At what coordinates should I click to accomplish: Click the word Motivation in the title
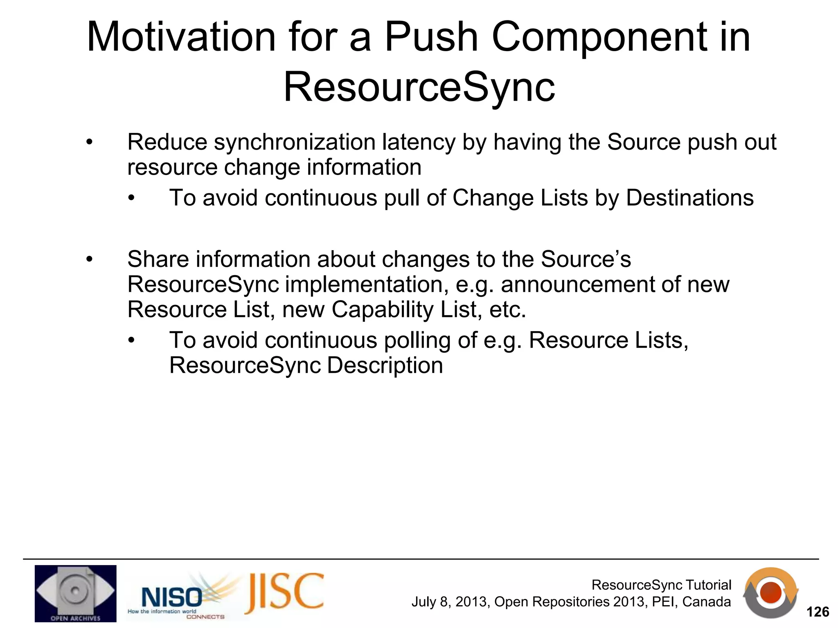pyautogui.click(x=181, y=38)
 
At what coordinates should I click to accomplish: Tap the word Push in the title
pyautogui.click(x=431, y=38)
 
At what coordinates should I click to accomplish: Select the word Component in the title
pyautogui.click(x=599, y=38)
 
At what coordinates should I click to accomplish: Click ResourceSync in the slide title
pyautogui.click(x=419, y=87)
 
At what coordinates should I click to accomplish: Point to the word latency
pyautogui.click(x=418, y=143)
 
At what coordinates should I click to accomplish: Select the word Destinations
pyautogui.click(x=689, y=198)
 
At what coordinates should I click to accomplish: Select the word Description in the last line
pyautogui.click(x=385, y=366)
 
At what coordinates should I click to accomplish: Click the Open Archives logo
pyautogui.click(x=75, y=593)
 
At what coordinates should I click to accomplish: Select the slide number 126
pyautogui.click(x=817, y=612)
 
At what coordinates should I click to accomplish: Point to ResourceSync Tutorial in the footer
pyautogui.click(x=661, y=585)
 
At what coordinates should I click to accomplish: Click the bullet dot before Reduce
pyautogui.click(x=90, y=143)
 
